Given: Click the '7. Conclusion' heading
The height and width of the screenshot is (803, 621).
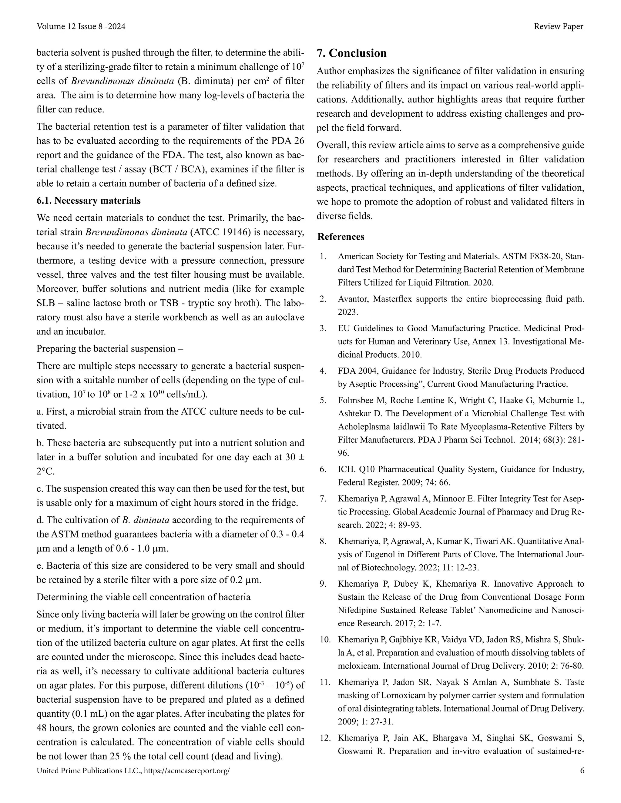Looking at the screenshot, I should (x=351, y=53).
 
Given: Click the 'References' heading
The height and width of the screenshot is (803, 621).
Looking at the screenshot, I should (x=341, y=236).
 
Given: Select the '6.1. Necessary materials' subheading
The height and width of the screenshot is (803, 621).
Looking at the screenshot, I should (x=88, y=201).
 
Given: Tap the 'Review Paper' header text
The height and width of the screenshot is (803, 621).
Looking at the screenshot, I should (x=558, y=26).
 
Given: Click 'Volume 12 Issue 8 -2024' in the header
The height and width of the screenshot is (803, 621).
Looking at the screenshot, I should (x=81, y=26).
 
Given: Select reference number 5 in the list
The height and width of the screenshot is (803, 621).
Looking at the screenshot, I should (x=323, y=400).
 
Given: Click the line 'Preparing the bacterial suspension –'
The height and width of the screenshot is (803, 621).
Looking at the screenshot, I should (x=110, y=348).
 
